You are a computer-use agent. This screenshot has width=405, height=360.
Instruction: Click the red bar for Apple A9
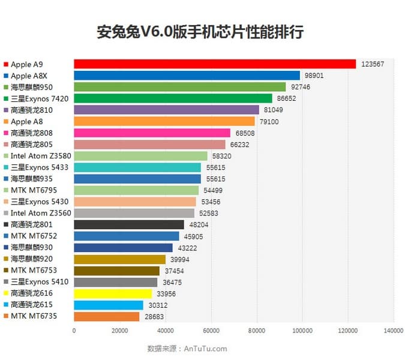pos(215,64)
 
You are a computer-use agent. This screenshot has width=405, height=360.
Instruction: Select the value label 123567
pos(374,64)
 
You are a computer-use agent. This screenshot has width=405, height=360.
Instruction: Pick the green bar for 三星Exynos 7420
pos(173,98)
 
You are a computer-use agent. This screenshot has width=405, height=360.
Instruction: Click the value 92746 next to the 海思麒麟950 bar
pos(302,87)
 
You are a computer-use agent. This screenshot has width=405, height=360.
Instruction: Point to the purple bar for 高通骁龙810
pos(166,110)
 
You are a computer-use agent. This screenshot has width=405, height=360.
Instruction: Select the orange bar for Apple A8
pos(164,121)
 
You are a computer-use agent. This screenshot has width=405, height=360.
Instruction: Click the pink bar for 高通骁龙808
pos(152,133)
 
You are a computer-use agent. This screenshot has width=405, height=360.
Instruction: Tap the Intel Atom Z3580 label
pos(38,155)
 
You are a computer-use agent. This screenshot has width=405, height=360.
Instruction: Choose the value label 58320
pos(223,156)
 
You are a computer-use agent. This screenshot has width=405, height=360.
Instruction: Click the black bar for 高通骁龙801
pos(129,224)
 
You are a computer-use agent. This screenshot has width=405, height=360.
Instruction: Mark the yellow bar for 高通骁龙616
pos(113,293)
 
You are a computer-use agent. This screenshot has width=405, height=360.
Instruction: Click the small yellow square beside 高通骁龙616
pos(5,293)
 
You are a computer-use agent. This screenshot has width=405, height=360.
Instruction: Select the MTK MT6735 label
pos(34,316)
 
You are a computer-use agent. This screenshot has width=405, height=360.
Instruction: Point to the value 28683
pos(155,317)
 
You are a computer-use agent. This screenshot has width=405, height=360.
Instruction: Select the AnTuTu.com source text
pos(205,349)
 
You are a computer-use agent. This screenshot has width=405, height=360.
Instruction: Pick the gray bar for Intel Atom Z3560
pos(134,213)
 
